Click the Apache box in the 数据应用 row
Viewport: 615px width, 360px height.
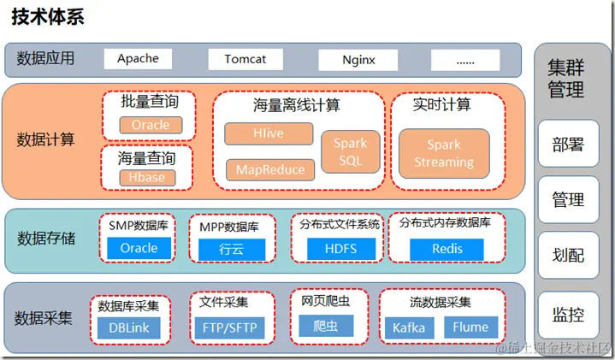point(138,59)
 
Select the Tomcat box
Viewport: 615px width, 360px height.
point(245,60)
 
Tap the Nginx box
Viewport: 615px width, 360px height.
point(358,60)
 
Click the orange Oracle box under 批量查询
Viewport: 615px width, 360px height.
point(151,126)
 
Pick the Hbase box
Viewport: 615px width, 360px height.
point(147,178)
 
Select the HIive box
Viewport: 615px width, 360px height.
point(268,134)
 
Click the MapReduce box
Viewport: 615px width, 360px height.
point(269,169)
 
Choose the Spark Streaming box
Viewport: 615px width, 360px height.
point(444,153)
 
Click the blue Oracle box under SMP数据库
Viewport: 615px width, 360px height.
point(139,248)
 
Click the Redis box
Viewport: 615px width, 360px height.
point(446,249)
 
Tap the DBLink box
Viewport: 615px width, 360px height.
point(130,327)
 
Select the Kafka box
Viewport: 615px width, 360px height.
point(409,328)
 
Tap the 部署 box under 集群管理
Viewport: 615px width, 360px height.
point(567,145)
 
